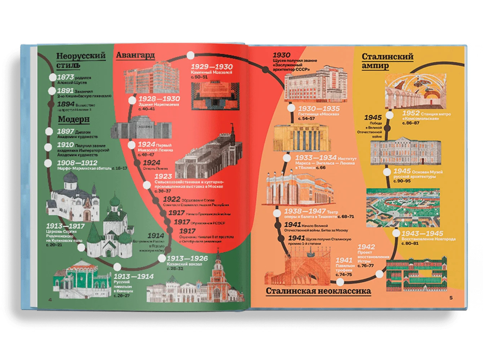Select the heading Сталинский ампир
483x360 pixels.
387,61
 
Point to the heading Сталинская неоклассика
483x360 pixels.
318,291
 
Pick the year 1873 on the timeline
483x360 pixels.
65,77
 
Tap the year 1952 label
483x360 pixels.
412,113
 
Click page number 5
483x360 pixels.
450,297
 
